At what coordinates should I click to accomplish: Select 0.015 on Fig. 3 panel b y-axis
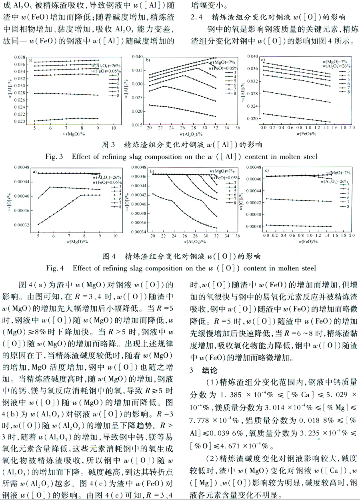[137, 125]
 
